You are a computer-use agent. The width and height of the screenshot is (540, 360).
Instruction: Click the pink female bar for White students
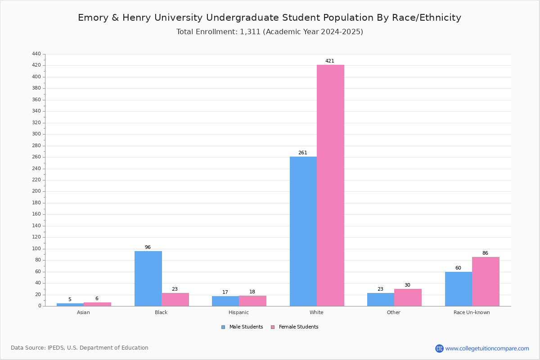coord(330,185)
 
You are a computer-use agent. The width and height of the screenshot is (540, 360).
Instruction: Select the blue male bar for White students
coord(303,231)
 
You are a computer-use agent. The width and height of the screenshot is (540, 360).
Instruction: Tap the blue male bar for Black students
coord(148,279)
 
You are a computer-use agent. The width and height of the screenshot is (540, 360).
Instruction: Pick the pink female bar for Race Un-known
coord(486,282)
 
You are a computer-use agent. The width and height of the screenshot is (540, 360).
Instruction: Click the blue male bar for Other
coord(381,300)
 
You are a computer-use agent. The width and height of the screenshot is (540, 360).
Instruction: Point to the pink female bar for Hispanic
coord(252,301)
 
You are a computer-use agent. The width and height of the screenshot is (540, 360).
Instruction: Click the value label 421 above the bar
coord(329,61)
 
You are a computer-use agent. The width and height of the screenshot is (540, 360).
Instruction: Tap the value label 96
coord(148,247)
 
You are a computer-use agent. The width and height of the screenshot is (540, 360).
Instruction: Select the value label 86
coord(485,253)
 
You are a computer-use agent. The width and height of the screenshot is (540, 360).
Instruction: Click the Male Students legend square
coord(223,327)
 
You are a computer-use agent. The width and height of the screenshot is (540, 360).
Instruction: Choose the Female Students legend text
coord(298,327)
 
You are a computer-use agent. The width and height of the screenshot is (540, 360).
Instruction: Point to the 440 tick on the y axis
coord(36,54)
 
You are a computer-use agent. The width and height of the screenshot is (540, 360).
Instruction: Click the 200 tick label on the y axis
coord(36,191)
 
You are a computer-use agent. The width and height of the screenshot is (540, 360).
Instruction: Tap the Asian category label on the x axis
coord(83,312)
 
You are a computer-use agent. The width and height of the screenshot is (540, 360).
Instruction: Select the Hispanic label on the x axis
coord(238,312)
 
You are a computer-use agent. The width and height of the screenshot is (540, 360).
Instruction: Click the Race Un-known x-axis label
coord(472,312)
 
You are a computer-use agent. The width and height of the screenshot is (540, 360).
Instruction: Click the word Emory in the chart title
coord(93,18)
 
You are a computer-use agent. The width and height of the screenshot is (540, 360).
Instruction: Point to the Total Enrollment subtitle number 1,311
coord(250,32)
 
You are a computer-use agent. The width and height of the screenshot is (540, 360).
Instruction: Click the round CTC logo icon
coord(439,348)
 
